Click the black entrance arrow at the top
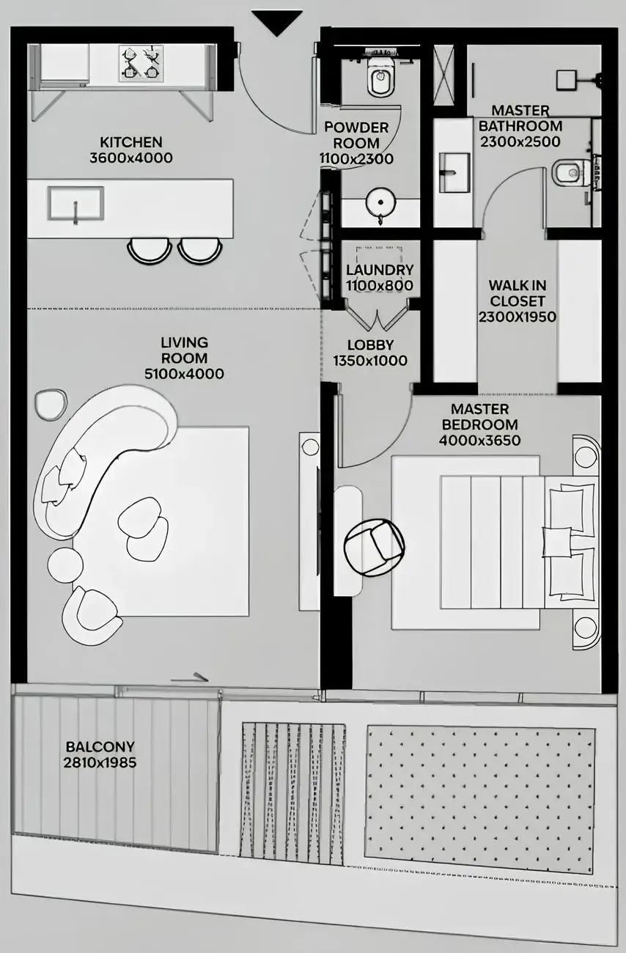(x=276, y=21)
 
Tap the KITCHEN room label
(x=131, y=142)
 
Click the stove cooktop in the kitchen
(x=140, y=64)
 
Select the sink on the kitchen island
(x=76, y=203)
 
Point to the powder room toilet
(x=380, y=80)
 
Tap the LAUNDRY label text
(x=380, y=270)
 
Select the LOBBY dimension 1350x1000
(x=370, y=361)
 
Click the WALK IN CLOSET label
(x=518, y=293)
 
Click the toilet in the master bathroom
(x=569, y=173)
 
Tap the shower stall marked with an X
(x=443, y=76)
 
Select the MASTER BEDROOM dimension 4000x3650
(x=479, y=441)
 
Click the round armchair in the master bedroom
(x=374, y=547)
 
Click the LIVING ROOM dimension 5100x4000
(x=184, y=374)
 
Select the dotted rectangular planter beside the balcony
(x=480, y=799)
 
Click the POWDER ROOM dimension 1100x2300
(x=356, y=158)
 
